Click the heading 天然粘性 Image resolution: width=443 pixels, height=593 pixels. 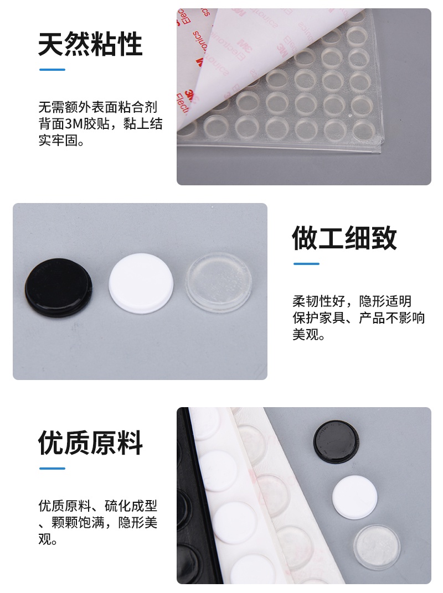(90, 44)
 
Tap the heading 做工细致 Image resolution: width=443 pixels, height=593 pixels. (344, 238)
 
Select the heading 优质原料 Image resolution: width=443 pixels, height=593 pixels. (90, 443)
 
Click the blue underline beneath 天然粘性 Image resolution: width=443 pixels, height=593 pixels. (52, 70)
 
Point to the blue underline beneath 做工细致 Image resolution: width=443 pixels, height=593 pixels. (306, 264)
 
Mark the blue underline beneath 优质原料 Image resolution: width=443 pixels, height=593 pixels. (52, 469)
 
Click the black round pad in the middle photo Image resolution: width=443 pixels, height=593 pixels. (58, 285)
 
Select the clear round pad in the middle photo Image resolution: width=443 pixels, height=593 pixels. (219, 282)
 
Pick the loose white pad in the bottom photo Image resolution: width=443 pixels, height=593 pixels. (354, 496)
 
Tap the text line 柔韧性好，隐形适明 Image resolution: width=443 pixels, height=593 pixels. (352, 301)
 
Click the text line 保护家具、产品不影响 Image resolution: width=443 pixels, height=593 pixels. (358, 318)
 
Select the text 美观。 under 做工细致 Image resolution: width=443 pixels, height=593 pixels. (309, 335)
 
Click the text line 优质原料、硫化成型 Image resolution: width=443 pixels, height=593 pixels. (98, 506)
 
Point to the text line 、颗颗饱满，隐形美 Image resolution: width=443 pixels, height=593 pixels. (98, 522)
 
